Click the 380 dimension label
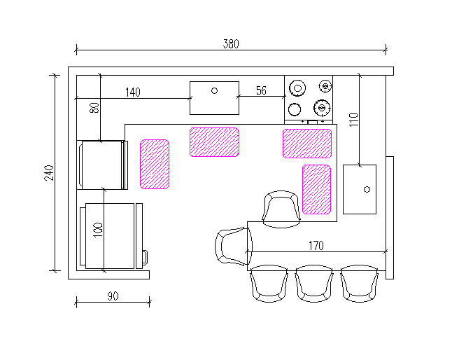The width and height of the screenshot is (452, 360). tap(231, 44)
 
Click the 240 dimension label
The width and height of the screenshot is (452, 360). tap(49, 173)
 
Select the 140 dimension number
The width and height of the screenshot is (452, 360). tap(133, 92)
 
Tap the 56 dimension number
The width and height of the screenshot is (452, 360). tap(261, 90)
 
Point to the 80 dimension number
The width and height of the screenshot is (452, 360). tap(94, 108)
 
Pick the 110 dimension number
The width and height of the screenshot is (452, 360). tap(354, 120)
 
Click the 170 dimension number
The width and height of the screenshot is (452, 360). tap(316, 246)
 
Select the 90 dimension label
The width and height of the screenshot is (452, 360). tap(113, 296)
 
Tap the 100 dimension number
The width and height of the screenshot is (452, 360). tap(98, 230)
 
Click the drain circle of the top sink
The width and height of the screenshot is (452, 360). tap(215, 91)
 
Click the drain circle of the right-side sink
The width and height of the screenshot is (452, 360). tap(367, 190)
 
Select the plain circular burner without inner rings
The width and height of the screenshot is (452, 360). tap(295, 109)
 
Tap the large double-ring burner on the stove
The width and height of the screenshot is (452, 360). tap(297, 88)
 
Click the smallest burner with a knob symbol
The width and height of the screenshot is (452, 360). tap(325, 86)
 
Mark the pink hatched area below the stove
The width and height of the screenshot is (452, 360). tap(307, 144)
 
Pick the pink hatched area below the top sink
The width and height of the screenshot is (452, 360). tap(215, 142)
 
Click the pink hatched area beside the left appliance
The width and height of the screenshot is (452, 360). tap(155, 164)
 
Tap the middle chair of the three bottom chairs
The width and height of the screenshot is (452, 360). tap(314, 284)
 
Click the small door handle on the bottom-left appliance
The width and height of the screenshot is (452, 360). tap(145, 257)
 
